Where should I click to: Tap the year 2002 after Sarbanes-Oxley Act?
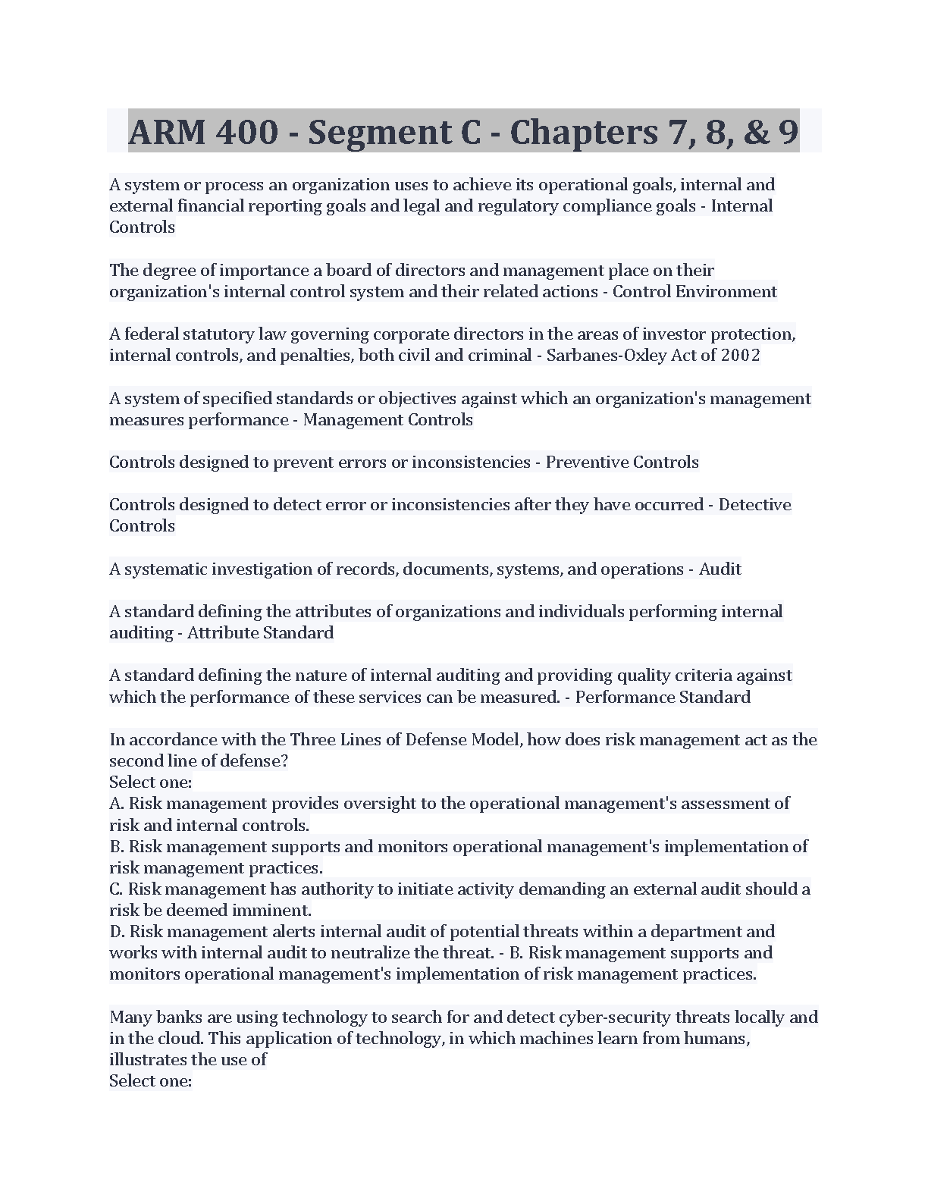pos(740,356)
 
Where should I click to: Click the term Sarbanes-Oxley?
pos(592,356)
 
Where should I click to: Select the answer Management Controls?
pos(387,420)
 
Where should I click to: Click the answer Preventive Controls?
pos(622,463)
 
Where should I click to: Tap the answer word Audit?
pos(720,569)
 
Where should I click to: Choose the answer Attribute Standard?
pos(260,633)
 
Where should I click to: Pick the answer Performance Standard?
pos(662,698)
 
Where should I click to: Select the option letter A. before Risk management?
pos(118,804)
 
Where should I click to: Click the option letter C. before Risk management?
pos(117,889)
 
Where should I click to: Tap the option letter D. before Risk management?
pos(118,932)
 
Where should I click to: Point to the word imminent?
pos(279,911)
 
